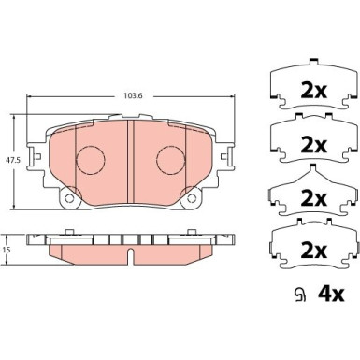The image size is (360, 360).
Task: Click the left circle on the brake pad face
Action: point(88,160)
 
